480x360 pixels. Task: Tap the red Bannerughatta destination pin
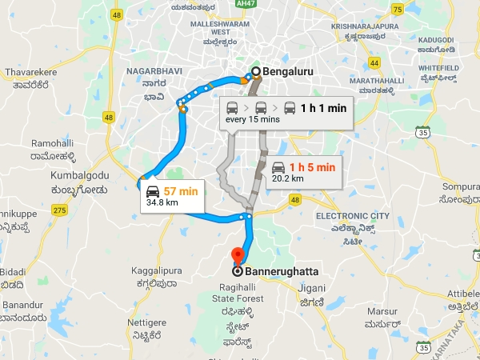click(237, 256)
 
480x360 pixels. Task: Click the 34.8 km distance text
click(162, 203)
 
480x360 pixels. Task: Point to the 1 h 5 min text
click(312, 167)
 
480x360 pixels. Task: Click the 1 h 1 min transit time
click(323, 106)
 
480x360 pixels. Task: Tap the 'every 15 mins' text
click(251, 120)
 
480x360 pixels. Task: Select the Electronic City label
click(353, 216)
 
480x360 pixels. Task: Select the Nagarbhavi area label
click(155, 70)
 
